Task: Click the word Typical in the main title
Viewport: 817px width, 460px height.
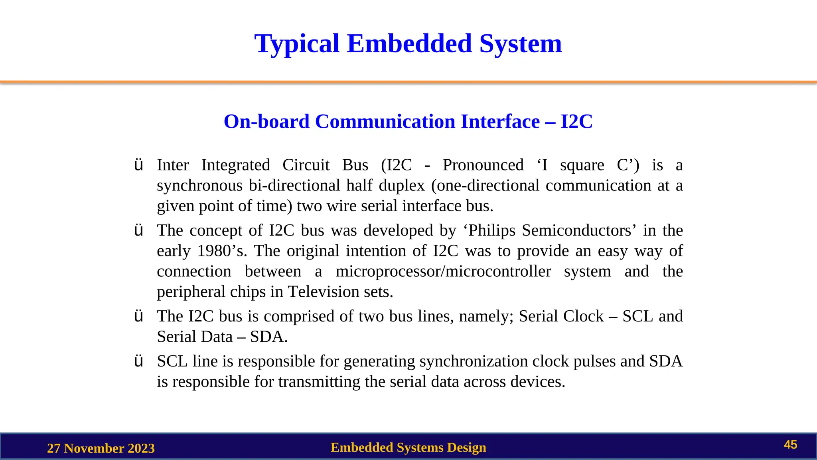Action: coord(297,44)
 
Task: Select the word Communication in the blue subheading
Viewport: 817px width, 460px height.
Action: coord(385,121)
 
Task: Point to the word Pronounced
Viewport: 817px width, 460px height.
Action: coord(483,165)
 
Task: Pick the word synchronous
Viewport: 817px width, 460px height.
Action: coord(199,186)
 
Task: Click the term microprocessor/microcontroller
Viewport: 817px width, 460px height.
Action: coord(443,272)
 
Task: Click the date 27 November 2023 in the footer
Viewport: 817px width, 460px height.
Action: coord(101,448)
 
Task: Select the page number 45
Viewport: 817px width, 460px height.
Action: coord(790,445)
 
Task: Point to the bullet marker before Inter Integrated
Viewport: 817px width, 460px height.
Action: coord(138,165)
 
